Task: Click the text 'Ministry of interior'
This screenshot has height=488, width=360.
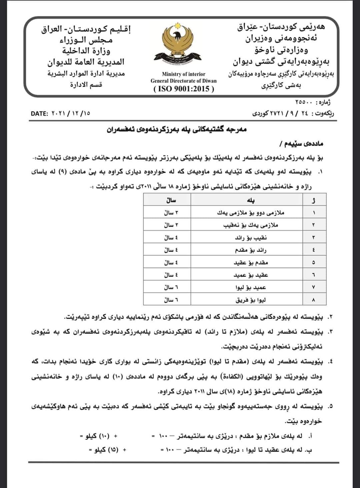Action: pos(184,74)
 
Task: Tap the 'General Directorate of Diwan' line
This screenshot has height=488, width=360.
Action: pos(184,81)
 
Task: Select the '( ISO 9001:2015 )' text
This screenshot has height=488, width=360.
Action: pos(184,89)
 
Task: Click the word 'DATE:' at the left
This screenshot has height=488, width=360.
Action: pos(40,113)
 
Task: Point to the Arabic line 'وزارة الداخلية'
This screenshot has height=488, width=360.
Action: pos(86,51)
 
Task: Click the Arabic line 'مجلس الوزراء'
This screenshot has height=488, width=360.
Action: pos(86,40)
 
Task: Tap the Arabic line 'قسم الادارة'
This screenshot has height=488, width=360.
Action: pos(86,84)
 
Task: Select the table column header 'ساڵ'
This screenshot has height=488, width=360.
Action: pos(171,200)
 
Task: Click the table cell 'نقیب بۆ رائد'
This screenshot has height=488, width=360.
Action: pos(251,238)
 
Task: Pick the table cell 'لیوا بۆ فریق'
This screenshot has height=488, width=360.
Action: pos(251,300)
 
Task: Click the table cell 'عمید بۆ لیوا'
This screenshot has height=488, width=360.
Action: pos(251,287)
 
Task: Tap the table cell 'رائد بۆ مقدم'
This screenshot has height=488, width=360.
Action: pos(251,250)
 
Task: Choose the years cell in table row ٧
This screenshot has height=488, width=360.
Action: pos(171,287)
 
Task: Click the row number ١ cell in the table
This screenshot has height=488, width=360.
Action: pos(314,213)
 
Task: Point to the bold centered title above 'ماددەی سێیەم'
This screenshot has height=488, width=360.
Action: pos(176,129)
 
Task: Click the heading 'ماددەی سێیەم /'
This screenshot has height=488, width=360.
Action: pos(302,144)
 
